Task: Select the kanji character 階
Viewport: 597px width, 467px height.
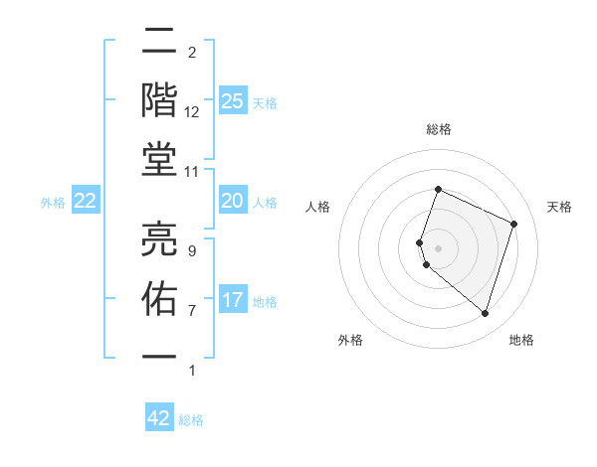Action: [x=160, y=99]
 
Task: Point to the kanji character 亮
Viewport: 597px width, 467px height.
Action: [x=160, y=237]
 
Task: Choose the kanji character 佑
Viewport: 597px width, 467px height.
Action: [x=160, y=297]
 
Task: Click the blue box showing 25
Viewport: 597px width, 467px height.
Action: [x=232, y=101]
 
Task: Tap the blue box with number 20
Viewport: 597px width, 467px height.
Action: [x=232, y=202]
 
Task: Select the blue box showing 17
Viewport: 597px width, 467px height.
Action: [x=232, y=300]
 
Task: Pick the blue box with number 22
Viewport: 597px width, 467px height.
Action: [x=85, y=202]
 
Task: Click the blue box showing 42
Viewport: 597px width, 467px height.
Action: [x=159, y=418]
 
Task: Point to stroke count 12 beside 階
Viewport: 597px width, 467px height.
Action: [x=191, y=112]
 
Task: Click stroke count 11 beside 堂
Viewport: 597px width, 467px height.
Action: [x=191, y=171]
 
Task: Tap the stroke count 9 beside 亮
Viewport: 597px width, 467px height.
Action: [x=191, y=251]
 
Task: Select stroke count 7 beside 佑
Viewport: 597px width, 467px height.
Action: [x=191, y=310]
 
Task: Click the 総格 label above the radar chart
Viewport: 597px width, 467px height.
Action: [x=439, y=129]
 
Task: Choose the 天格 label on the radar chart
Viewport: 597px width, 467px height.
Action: [x=559, y=207]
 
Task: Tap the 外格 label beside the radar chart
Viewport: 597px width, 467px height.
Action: [x=350, y=340]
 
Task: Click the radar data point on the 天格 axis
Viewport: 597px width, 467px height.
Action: [x=514, y=224]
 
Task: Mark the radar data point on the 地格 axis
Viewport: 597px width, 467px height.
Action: [x=485, y=313]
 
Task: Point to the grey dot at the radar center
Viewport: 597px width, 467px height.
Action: [x=439, y=247]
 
